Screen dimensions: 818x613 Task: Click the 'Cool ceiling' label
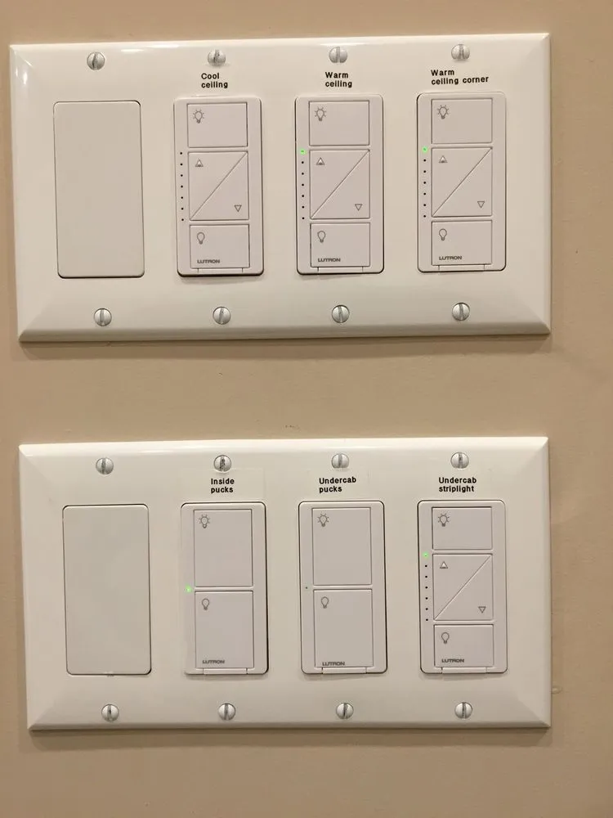pyautogui.click(x=215, y=80)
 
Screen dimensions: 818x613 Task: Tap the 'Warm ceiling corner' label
pyautogui.click(x=459, y=76)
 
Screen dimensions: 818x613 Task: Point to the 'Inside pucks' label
pyautogui.click(x=221, y=485)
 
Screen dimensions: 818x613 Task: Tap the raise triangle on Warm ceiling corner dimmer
pyautogui.click(x=442, y=160)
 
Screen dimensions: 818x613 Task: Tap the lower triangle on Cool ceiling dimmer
pyautogui.click(x=238, y=208)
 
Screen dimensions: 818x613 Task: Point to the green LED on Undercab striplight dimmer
pyautogui.click(x=425, y=556)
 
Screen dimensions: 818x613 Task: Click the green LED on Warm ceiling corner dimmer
pyautogui.click(x=424, y=150)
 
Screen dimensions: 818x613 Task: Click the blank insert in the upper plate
pyautogui.click(x=98, y=189)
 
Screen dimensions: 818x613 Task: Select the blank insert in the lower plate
pyautogui.click(x=106, y=589)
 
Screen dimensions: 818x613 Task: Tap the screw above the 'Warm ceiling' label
pyautogui.click(x=338, y=56)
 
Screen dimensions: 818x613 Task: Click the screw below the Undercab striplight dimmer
pyautogui.click(x=463, y=709)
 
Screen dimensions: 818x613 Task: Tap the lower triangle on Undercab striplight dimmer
pyautogui.click(x=481, y=609)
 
